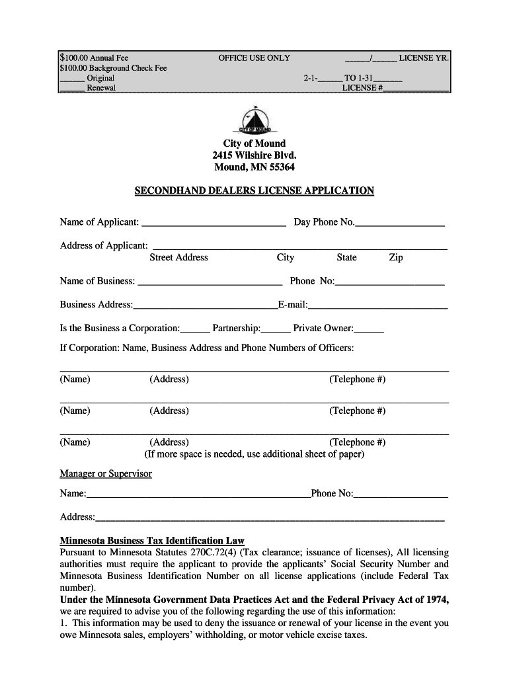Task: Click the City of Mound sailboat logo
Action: pos(255,120)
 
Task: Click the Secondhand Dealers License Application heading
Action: pos(255,190)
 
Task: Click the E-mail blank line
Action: pos(377,306)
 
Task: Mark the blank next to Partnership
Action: pos(276,329)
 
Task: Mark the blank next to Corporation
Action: pos(195,329)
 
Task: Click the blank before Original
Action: pos(72,79)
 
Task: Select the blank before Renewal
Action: pos(72,89)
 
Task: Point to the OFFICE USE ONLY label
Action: pos(254,58)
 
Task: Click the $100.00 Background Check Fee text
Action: pos(113,68)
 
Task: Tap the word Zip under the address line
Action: pos(395,257)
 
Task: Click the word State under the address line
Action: pos(346,257)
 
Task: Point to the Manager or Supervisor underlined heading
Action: pos(106,473)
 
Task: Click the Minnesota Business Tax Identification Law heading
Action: pos(152,540)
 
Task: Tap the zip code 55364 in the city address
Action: pos(281,167)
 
